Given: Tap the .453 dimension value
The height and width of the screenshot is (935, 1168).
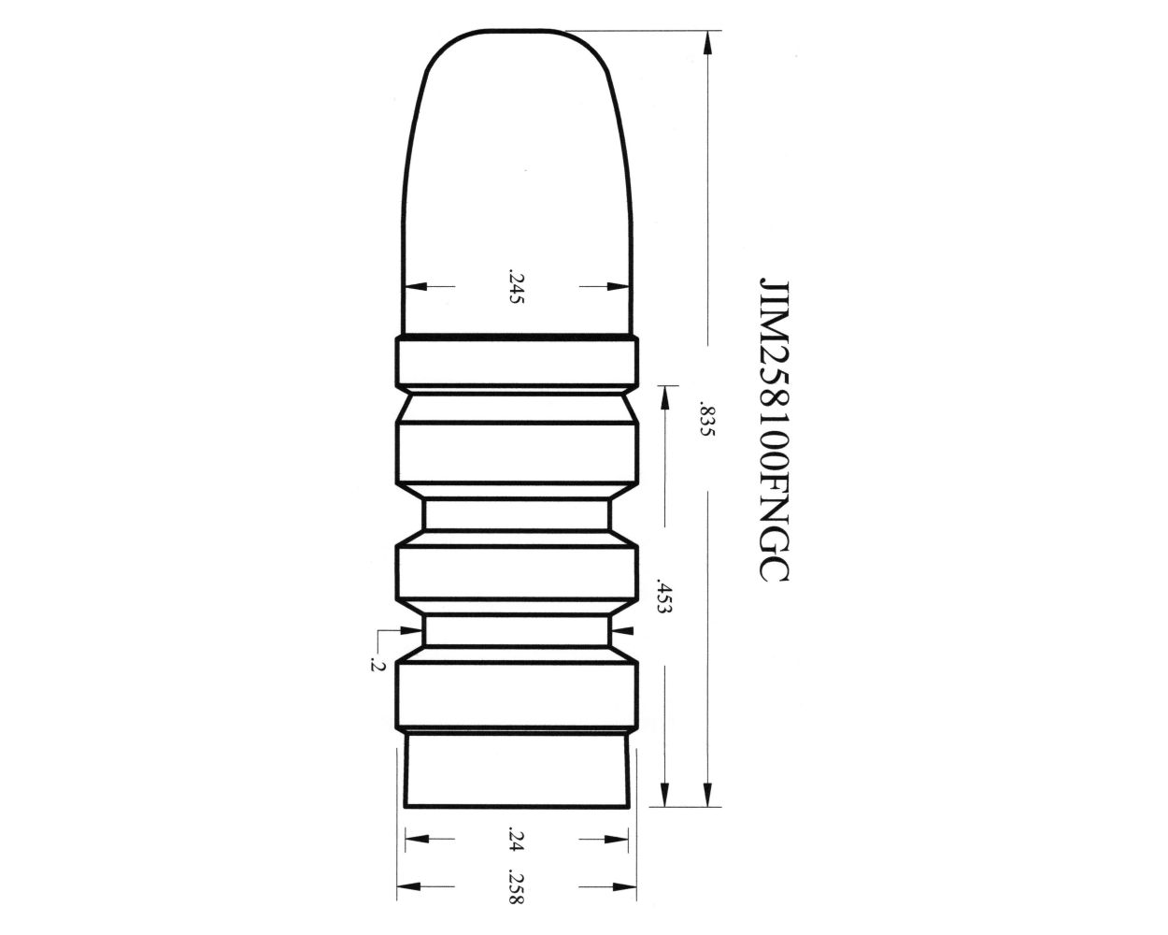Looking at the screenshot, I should point(663,593).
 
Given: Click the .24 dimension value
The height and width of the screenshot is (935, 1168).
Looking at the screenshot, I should point(514,839).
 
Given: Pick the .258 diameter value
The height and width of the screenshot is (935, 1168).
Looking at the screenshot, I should point(514,886).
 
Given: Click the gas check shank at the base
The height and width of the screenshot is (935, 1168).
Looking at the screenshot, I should point(516,770).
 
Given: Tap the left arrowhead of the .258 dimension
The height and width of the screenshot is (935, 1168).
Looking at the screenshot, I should point(407,886).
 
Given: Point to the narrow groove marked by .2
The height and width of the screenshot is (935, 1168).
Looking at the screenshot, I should point(517,629).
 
